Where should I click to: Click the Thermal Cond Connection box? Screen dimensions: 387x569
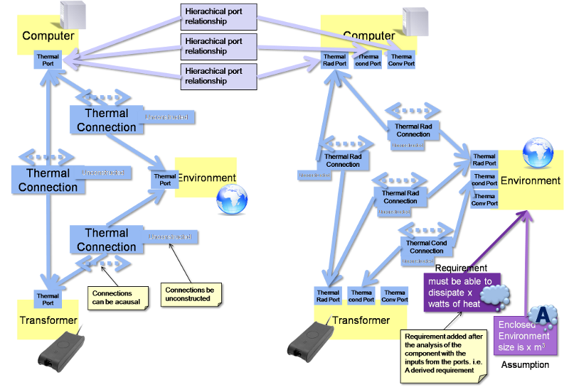pos(427,247)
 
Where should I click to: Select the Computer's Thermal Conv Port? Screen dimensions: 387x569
pos(401,60)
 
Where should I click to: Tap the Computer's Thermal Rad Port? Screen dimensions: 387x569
pos(334,60)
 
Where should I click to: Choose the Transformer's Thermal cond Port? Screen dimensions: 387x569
pos(361,295)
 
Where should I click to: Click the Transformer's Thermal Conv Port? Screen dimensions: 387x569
pos(394,295)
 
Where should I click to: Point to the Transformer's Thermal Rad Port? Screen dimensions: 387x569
pos(328,295)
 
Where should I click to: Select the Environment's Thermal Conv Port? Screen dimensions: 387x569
pos(484,200)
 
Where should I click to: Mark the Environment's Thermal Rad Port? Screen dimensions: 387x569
pos(484,160)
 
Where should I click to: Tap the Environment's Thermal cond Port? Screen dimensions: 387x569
pos(484,180)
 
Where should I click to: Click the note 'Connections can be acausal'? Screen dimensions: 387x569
pos(117,298)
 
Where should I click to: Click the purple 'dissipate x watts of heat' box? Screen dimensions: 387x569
pos(462,292)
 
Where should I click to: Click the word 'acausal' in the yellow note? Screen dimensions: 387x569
pos(126,302)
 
